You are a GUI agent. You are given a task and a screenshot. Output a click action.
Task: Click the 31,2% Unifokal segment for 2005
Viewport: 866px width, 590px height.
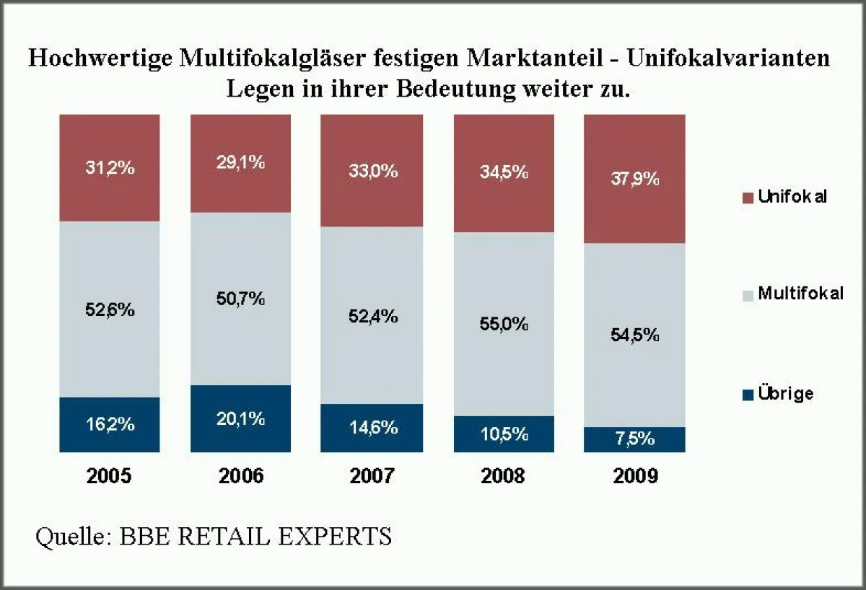point(109,195)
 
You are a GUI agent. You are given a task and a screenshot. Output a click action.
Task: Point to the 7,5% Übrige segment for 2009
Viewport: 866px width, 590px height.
point(634,440)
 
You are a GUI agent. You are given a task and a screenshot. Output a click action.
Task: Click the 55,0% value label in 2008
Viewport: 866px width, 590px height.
point(504,324)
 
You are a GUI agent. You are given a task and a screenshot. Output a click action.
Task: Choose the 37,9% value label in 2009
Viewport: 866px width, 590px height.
point(634,179)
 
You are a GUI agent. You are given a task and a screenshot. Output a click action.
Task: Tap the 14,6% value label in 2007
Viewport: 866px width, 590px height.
point(372,428)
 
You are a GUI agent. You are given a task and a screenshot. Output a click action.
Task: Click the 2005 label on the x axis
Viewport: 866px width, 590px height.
point(109,477)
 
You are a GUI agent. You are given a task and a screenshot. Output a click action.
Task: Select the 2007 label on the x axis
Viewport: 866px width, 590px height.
point(372,477)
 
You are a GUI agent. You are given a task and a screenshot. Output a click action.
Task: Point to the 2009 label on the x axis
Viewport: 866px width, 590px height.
point(634,477)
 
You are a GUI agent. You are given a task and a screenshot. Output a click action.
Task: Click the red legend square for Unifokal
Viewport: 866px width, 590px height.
point(746,198)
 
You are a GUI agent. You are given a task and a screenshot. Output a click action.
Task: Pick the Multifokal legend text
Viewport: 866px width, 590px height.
point(800,294)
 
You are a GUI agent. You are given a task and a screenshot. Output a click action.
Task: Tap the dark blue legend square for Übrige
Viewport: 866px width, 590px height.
point(746,395)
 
